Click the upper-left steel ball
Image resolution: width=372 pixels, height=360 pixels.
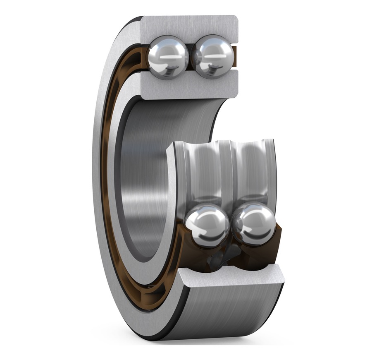[x=168, y=57]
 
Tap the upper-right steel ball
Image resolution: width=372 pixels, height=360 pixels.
[x=212, y=57]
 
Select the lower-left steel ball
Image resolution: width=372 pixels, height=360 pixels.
[x=207, y=226]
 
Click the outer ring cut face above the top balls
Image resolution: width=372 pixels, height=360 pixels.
[x=190, y=26]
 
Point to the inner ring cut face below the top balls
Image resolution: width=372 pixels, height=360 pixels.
[x=190, y=85]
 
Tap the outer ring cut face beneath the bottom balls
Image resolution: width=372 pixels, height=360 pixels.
[x=231, y=276]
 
